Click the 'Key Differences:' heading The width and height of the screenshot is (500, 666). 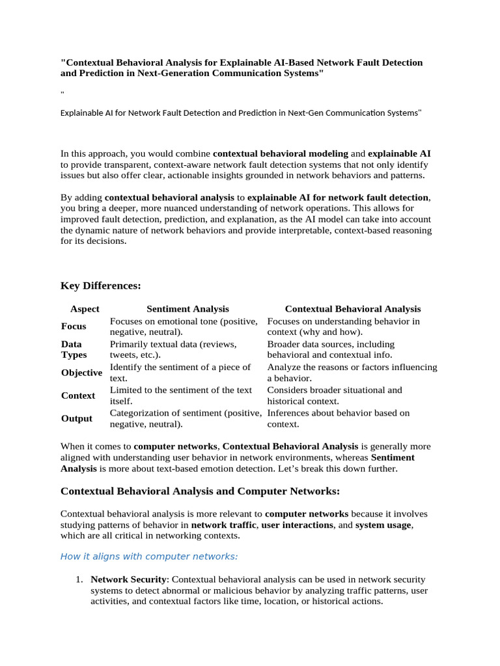point(101,286)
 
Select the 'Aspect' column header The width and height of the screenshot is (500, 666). point(85,309)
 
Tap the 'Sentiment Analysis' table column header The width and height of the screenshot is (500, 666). point(187,309)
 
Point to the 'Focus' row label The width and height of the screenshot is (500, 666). point(74,326)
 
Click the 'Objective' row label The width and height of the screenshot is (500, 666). point(81,373)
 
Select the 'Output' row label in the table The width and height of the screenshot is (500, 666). point(77,418)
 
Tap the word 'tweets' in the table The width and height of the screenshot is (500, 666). point(124,355)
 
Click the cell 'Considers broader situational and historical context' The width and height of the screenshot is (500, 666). point(335,395)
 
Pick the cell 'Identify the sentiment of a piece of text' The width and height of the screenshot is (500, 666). point(180,373)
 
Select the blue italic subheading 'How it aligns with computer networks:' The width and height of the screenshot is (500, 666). point(149,556)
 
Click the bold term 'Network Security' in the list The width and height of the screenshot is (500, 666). point(128,579)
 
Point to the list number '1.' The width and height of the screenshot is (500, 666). point(79,579)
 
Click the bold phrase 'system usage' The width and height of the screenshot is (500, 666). point(383,525)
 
